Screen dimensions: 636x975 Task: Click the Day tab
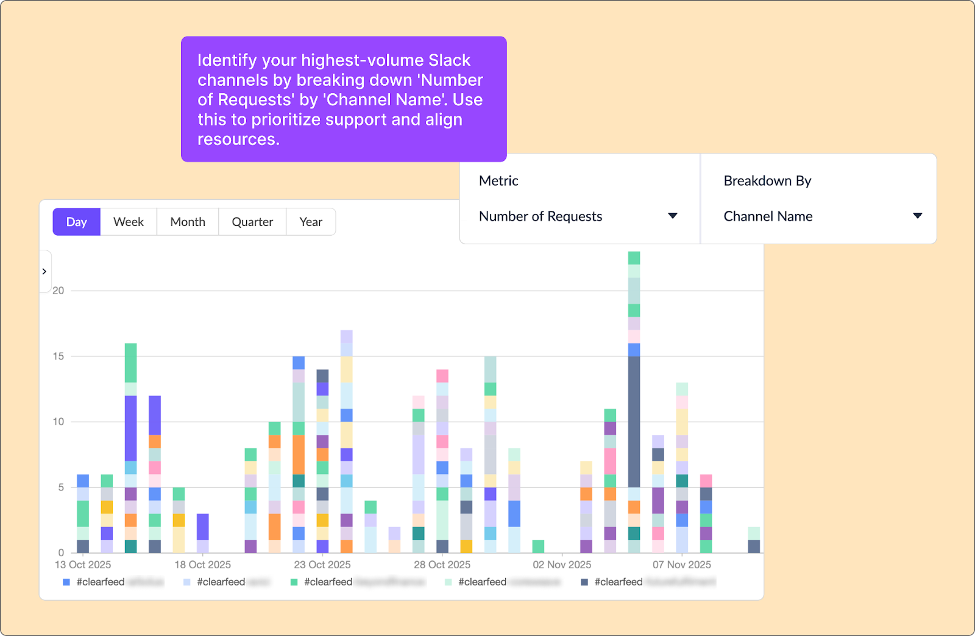(x=76, y=222)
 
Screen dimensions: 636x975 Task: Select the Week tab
(x=129, y=222)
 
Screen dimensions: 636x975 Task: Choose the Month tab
(x=188, y=222)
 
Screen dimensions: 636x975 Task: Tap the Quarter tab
(x=252, y=222)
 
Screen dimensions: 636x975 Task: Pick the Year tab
(x=311, y=222)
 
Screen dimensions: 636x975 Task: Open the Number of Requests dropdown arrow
(x=673, y=216)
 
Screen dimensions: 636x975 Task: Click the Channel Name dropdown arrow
(x=917, y=216)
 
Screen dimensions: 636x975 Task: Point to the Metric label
(x=498, y=181)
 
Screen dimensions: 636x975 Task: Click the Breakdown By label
(x=767, y=181)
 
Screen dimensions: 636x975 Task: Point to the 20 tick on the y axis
(x=58, y=291)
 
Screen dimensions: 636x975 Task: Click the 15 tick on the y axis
(x=58, y=356)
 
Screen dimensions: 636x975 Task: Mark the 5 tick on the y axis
(x=60, y=487)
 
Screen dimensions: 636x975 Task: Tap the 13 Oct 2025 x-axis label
(x=83, y=565)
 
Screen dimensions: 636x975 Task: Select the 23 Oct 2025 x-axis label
(x=322, y=565)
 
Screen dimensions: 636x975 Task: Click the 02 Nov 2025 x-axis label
(x=562, y=565)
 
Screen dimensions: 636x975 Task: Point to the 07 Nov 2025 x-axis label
(x=681, y=565)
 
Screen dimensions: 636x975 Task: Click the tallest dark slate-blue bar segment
(x=634, y=422)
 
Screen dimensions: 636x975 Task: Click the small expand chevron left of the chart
(x=44, y=271)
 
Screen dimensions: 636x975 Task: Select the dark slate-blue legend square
(x=584, y=582)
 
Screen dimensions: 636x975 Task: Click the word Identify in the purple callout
(x=227, y=60)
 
